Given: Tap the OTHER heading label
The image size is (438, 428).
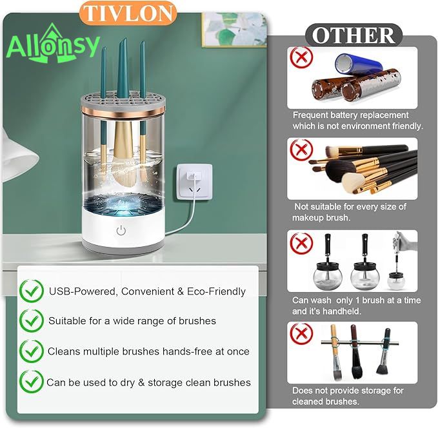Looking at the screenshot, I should (x=353, y=35).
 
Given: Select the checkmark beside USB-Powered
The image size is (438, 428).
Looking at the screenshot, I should (x=31, y=291).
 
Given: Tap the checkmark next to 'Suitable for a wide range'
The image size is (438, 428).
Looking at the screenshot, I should (x=31, y=320).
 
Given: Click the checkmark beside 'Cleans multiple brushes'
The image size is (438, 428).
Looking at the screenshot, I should (x=31, y=351).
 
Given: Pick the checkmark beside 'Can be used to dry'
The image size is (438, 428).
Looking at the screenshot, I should (x=31, y=382).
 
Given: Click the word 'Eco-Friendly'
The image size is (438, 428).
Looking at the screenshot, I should (x=215, y=291).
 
